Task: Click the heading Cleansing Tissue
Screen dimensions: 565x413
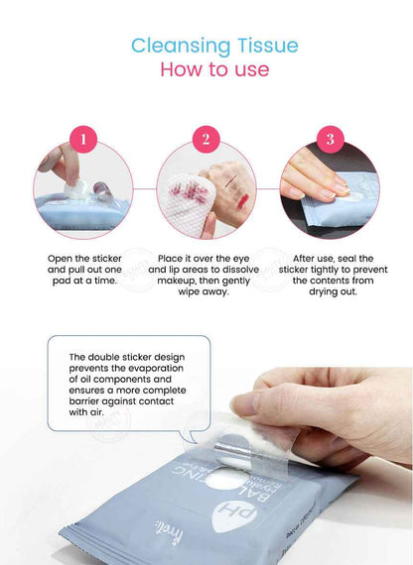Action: point(213,46)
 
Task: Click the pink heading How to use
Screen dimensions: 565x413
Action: point(213,70)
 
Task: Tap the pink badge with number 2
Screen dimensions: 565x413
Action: point(206,139)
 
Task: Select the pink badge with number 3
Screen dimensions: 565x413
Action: point(330,139)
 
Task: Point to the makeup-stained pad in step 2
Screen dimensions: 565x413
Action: point(188,189)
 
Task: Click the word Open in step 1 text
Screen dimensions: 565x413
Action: point(61,258)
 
